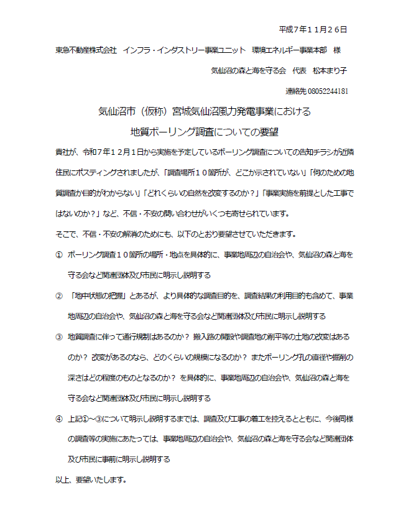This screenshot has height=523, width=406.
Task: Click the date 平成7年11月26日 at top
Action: coord(313,29)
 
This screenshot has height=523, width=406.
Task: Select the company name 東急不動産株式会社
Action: coord(86,49)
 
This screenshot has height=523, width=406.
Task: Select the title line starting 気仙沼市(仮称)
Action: coord(204,112)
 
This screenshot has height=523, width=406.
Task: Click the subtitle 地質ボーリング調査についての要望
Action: coord(204,132)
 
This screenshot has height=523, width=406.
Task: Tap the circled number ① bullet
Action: coord(59,255)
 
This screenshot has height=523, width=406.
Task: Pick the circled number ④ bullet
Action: coord(59,419)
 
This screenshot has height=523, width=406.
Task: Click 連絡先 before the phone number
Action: coord(295,91)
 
